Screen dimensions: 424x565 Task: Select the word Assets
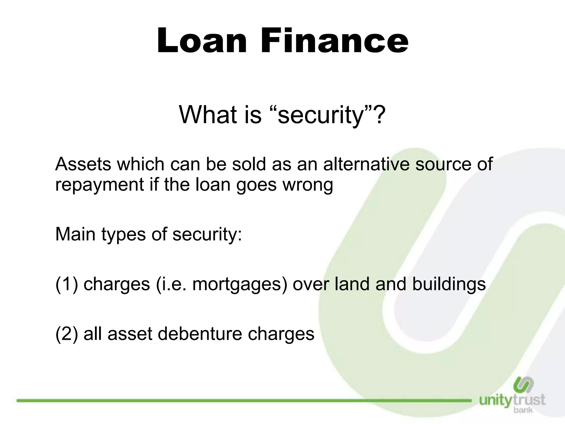(84, 164)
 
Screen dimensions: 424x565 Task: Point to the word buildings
(449, 284)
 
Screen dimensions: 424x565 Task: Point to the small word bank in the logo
(523, 410)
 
